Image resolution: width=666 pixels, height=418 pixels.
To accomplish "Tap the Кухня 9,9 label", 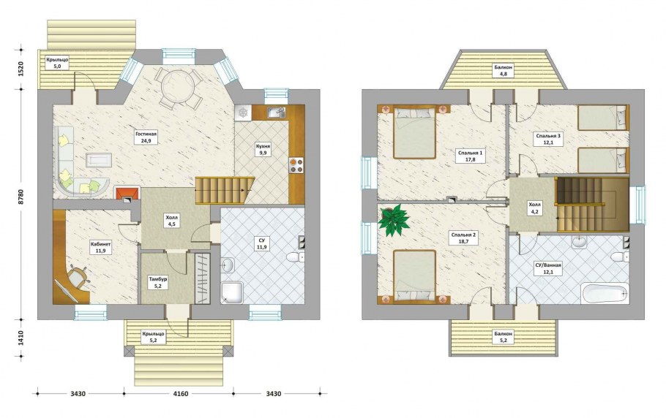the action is pos(263,150).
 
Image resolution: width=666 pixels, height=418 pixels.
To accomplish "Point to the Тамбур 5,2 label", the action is pos(157,283).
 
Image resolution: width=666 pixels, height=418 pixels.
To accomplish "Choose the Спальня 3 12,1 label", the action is pos(548,140).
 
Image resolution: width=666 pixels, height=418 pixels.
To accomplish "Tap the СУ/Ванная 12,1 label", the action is pos(548,269).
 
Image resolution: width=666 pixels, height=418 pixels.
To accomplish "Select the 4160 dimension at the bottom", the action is pos(179,393).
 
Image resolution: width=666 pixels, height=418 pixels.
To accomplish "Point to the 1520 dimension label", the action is pos(20,69).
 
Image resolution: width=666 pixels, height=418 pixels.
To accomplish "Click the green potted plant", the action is pos(394,219).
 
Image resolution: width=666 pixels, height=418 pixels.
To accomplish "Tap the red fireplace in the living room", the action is pos(127,194).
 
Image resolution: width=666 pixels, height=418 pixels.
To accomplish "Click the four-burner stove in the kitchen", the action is pos(296,165).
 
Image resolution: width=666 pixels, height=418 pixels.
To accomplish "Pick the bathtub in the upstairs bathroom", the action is pos(605,293).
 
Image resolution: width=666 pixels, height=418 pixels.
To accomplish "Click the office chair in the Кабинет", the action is pos(78,276).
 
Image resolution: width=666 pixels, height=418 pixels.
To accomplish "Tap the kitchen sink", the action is pos(277,113).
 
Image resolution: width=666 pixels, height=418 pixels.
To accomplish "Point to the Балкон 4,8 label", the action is pos(504,70).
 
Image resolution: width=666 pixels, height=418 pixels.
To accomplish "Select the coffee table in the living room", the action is pos(99,160).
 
